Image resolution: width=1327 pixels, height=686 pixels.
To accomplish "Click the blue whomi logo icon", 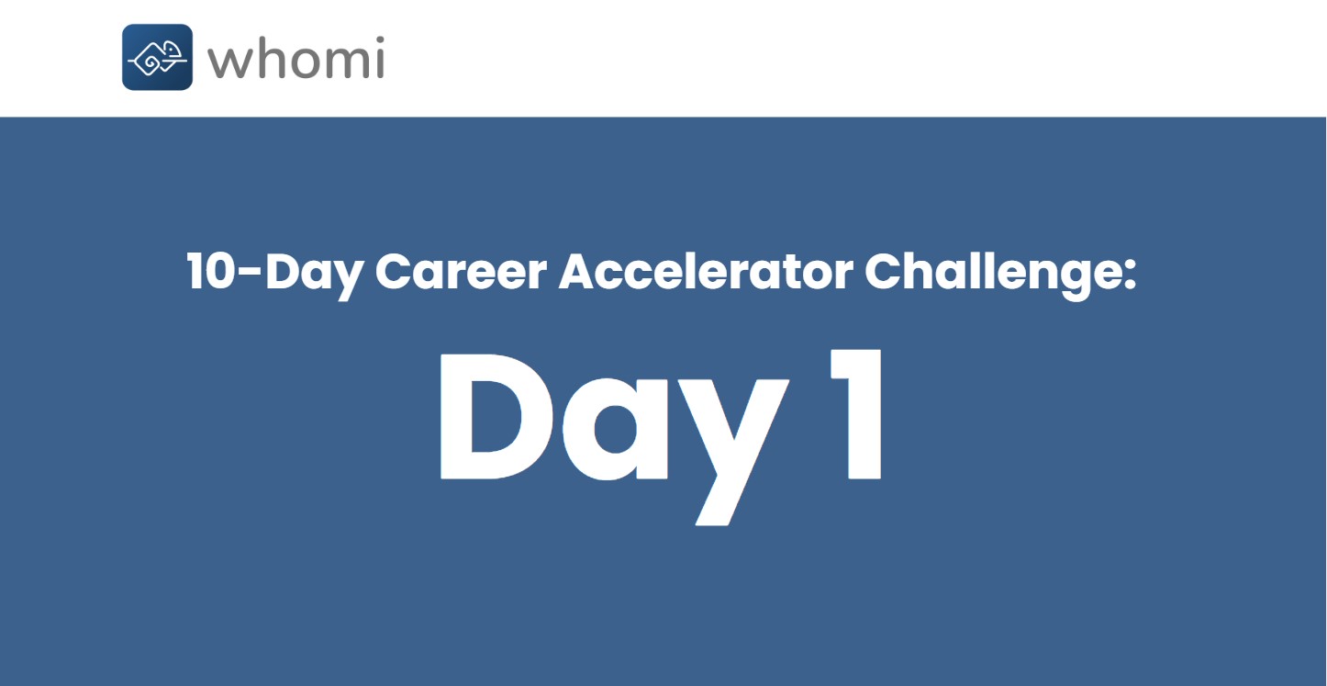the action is (157, 57).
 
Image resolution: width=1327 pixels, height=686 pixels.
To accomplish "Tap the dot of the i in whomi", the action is (379, 39).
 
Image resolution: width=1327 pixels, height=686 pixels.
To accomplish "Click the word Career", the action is (461, 272).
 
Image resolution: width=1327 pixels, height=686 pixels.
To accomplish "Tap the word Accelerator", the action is (706, 271).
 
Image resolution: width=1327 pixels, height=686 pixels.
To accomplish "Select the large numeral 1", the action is (856, 414).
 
